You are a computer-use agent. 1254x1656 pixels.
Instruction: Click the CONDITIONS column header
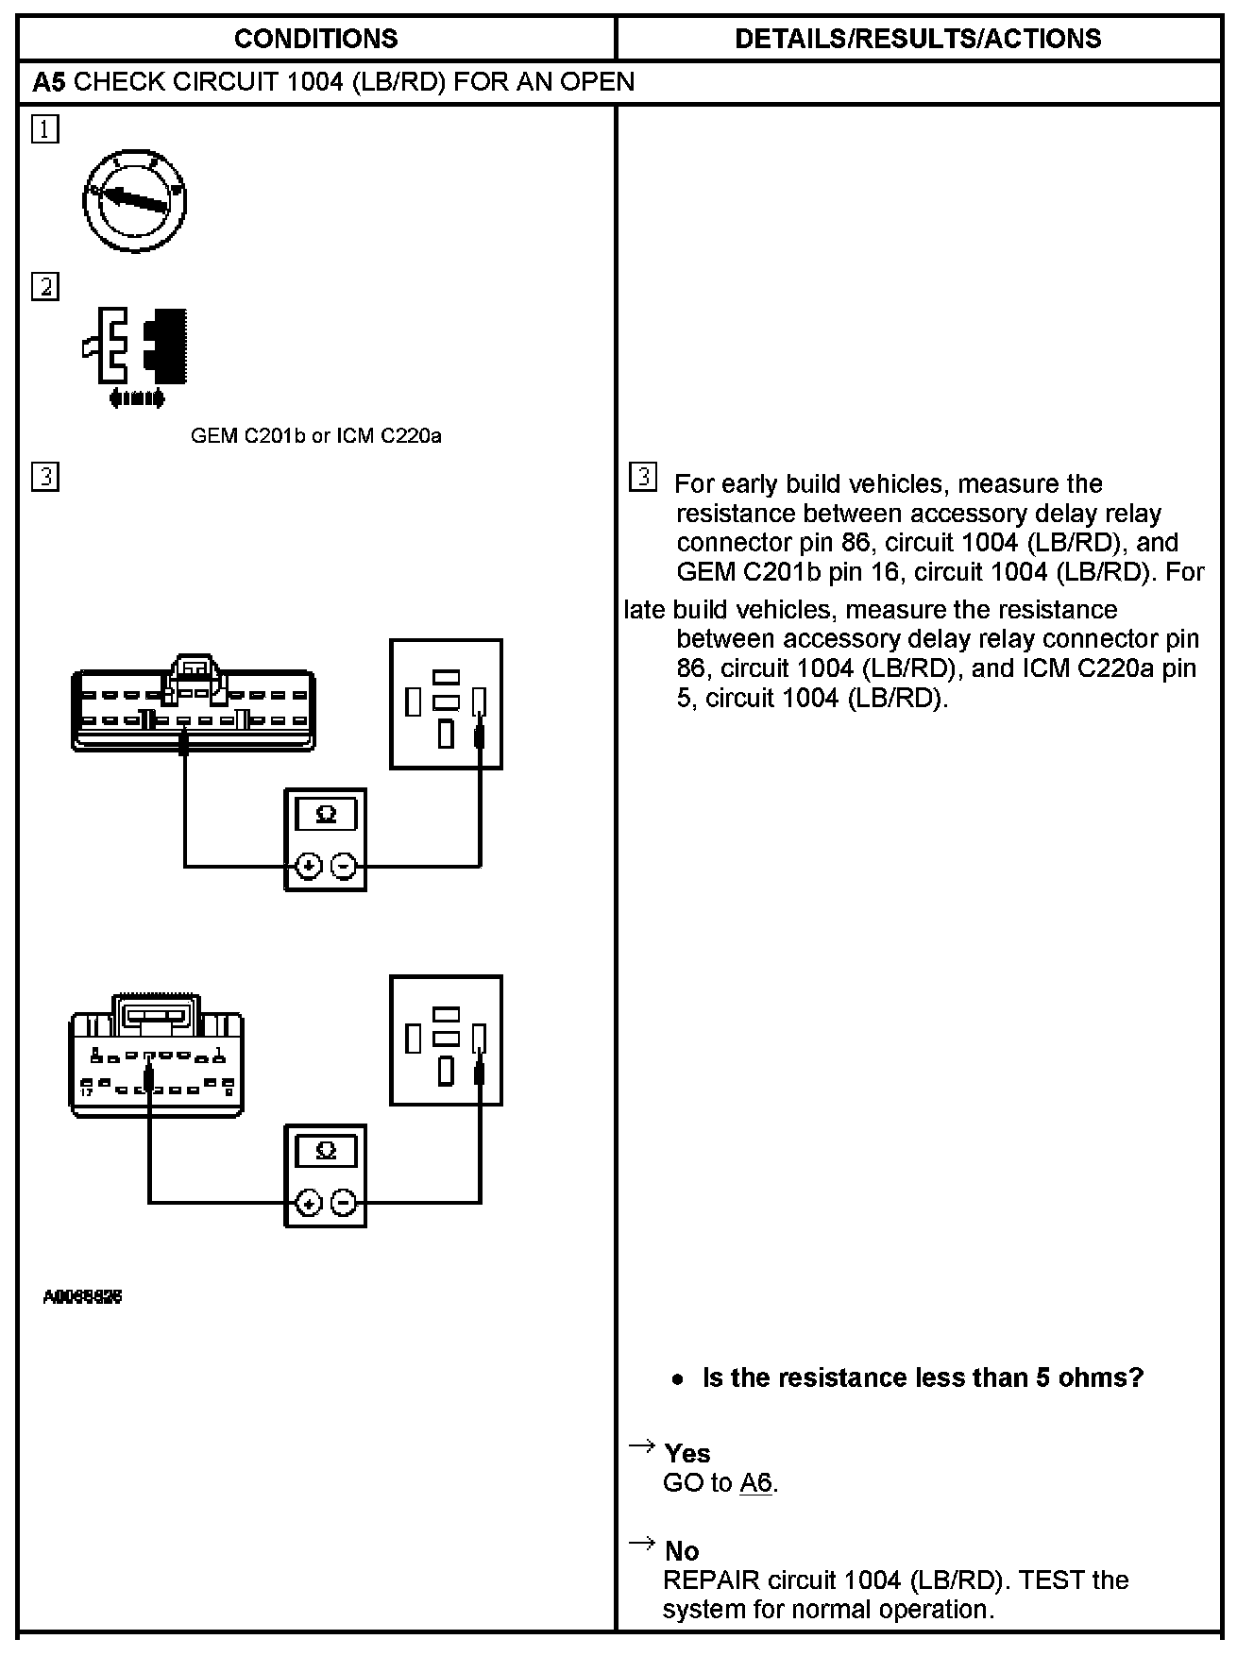(315, 39)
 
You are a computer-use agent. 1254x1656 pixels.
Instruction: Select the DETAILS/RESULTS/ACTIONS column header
(917, 39)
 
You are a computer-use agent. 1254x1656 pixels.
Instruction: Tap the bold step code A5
(49, 82)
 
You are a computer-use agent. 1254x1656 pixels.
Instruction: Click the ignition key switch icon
(134, 200)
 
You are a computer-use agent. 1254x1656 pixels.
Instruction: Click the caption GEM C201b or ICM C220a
(315, 436)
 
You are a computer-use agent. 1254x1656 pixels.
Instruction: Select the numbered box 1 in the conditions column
(44, 128)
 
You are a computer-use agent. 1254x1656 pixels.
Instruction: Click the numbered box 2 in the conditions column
(44, 286)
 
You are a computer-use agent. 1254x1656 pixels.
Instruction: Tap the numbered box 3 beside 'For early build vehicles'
(642, 478)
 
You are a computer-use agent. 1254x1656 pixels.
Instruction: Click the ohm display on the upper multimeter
(326, 815)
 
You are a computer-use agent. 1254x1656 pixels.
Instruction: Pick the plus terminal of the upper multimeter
(309, 866)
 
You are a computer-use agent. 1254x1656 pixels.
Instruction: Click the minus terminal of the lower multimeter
(345, 1203)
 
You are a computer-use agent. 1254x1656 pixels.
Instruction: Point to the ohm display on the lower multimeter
(326, 1151)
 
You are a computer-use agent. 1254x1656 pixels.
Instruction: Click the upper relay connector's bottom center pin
(446, 734)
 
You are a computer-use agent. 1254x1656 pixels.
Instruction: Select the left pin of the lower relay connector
(413, 1039)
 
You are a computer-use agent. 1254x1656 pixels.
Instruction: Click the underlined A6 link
(755, 1483)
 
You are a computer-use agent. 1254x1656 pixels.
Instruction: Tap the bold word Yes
(686, 1453)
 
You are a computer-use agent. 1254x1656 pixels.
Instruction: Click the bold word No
(681, 1551)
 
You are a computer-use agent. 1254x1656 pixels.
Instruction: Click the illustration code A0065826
(83, 1297)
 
